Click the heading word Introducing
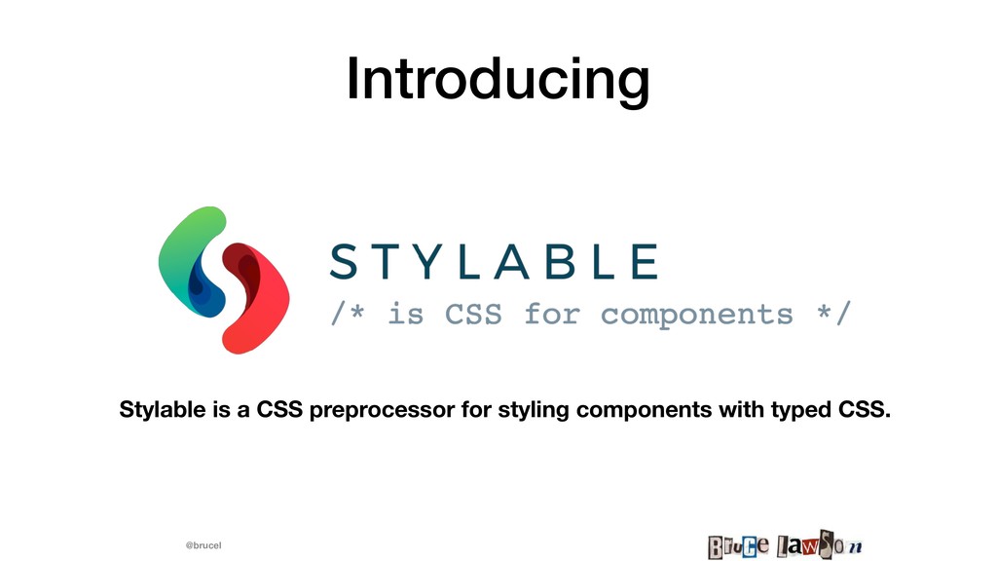point(498,80)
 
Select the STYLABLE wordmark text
point(494,261)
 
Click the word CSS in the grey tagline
point(472,314)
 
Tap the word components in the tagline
point(696,316)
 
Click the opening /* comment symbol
point(348,314)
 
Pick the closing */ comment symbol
point(833,314)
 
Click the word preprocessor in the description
point(383,410)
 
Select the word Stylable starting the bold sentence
point(163,409)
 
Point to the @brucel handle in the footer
point(203,545)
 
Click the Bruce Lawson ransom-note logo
point(785,545)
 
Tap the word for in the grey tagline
point(551,314)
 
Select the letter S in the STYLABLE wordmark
point(344,261)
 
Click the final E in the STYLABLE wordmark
point(646,261)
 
